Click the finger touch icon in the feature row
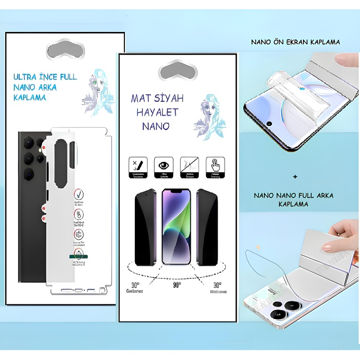pos(214,166)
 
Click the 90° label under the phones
pos(176,284)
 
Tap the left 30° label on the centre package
pos(135,284)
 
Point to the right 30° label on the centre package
pos(218,284)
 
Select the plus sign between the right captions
pos(295,176)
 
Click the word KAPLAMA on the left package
pos(28,97)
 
